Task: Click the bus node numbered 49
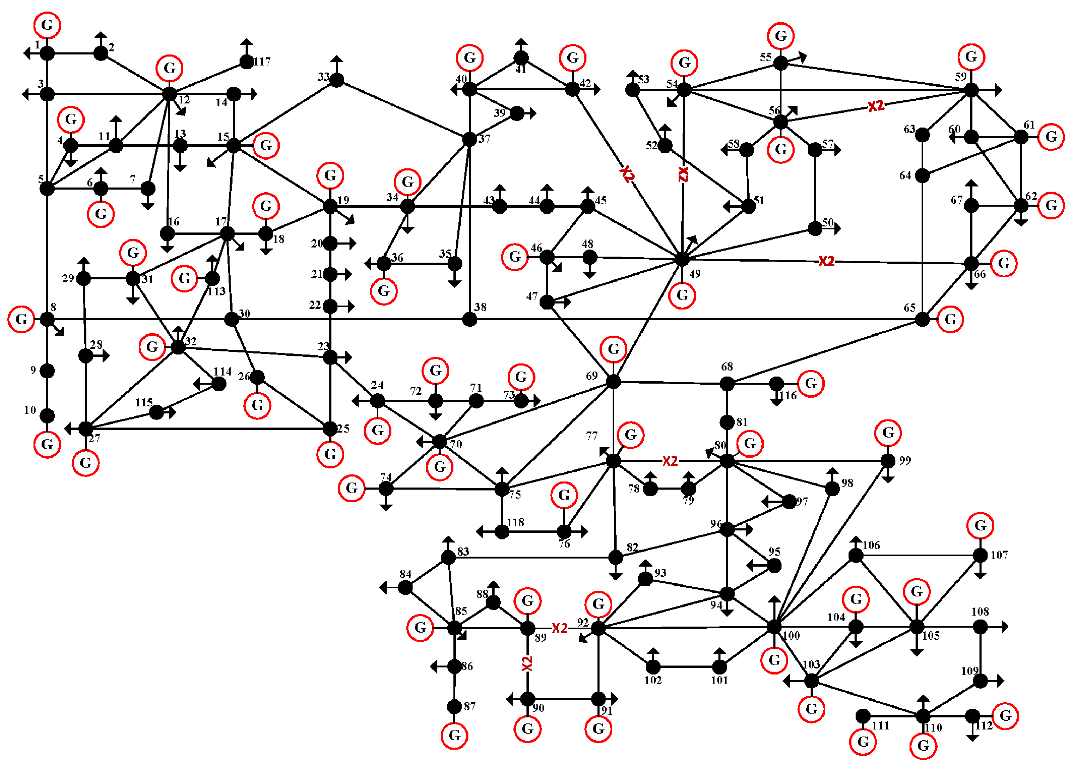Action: point(681,259)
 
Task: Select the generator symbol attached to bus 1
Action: point(47,25)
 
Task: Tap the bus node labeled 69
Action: point(613,381)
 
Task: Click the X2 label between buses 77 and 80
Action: point(670,461)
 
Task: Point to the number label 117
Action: point(262,62)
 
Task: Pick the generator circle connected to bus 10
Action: point(47,445)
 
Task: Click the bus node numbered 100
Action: point(774,627)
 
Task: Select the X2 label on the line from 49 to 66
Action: point(826,261)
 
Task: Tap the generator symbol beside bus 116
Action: point(811,383)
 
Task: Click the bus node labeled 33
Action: point(337,80)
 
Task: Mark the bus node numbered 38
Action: point(469,319)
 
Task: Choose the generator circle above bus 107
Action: point(980,526)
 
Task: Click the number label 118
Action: point(515,522)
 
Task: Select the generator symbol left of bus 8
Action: point(21,319)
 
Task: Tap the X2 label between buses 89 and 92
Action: point(559,628)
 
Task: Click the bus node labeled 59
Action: point(971,89)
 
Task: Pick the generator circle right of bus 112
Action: point(1005,716)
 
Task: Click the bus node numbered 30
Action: point(231,319)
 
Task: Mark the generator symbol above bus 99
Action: point(888,433)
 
